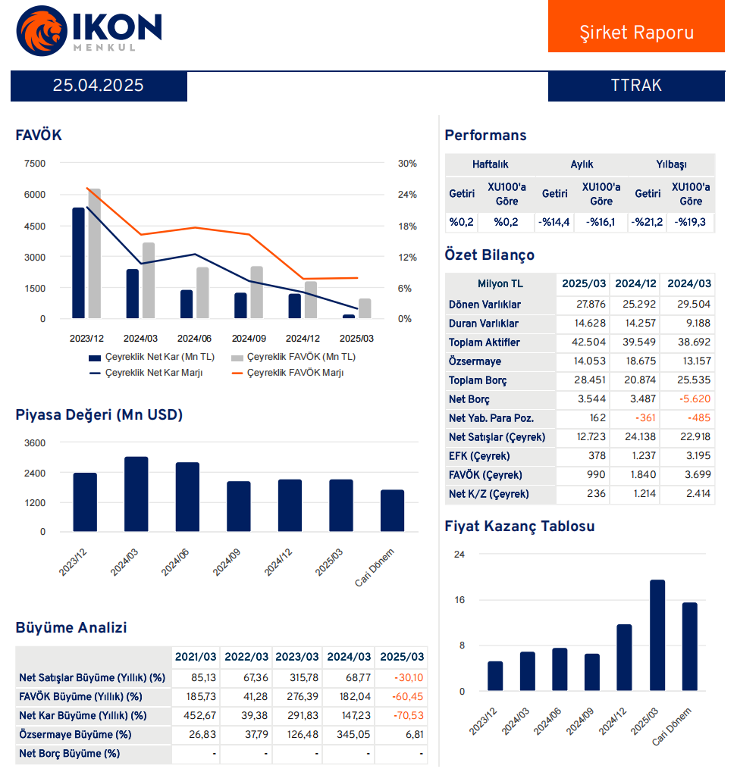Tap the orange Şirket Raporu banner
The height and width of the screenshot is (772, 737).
pos(636,33)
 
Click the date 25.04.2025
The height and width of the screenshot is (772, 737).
pos(98,86)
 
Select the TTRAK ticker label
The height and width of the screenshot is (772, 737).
pos(635,86)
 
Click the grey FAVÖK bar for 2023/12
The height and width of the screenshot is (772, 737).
pos(95,254)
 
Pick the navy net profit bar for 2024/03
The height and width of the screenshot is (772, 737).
pos(133,294)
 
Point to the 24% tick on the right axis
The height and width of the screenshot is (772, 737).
pos(407,195)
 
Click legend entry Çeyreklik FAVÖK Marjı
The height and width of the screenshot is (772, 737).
pos(295,373)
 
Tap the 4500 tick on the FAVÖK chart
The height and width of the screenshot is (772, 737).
pos(35,226)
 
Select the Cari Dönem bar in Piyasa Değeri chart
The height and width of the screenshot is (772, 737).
pos(392,511)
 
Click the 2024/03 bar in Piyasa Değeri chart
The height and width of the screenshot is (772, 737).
pos(136,495)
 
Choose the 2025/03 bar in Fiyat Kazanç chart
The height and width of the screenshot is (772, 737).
pos(657,636)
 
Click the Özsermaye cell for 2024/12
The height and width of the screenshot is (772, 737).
pos(635,361)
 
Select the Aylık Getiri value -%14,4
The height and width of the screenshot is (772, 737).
pos(554,222)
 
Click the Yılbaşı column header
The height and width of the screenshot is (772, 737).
pos(671,164)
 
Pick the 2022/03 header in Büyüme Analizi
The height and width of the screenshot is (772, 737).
pos(246,657)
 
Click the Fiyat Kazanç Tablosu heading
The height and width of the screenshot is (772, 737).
pos(519,526)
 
